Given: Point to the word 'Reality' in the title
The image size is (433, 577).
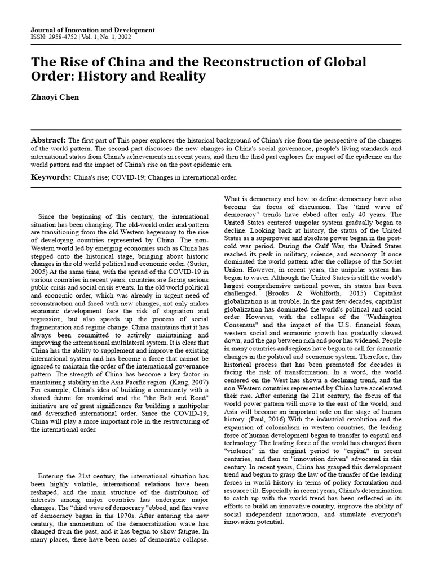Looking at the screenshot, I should (180, 76).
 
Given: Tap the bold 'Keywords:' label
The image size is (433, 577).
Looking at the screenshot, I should (50, 177).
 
